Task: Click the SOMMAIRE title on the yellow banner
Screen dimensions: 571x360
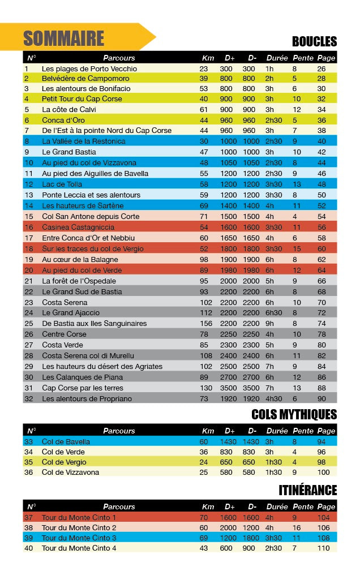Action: coord(63,38)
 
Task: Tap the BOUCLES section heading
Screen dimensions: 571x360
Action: coord(314,41)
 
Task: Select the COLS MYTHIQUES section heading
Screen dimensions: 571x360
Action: coord(294,415)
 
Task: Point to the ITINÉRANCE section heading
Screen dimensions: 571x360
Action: coord(307,490)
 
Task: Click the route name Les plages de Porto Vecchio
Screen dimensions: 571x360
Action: coord(89,68)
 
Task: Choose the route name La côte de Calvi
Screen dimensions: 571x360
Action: coord(70,109)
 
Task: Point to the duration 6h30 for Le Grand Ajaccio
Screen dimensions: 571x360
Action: coord(274,313)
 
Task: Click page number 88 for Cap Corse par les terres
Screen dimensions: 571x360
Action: coord(322,388)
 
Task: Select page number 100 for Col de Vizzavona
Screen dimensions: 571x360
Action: coord(323,472)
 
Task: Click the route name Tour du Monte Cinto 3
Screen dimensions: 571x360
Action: coord(79,538)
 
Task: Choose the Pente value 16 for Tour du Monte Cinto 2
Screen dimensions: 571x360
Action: coord(294,527)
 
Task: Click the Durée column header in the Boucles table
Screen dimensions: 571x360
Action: coord(277,58)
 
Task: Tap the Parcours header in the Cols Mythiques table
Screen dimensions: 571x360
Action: coord(119,431)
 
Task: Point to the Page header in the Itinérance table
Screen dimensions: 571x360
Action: coord(326,506)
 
